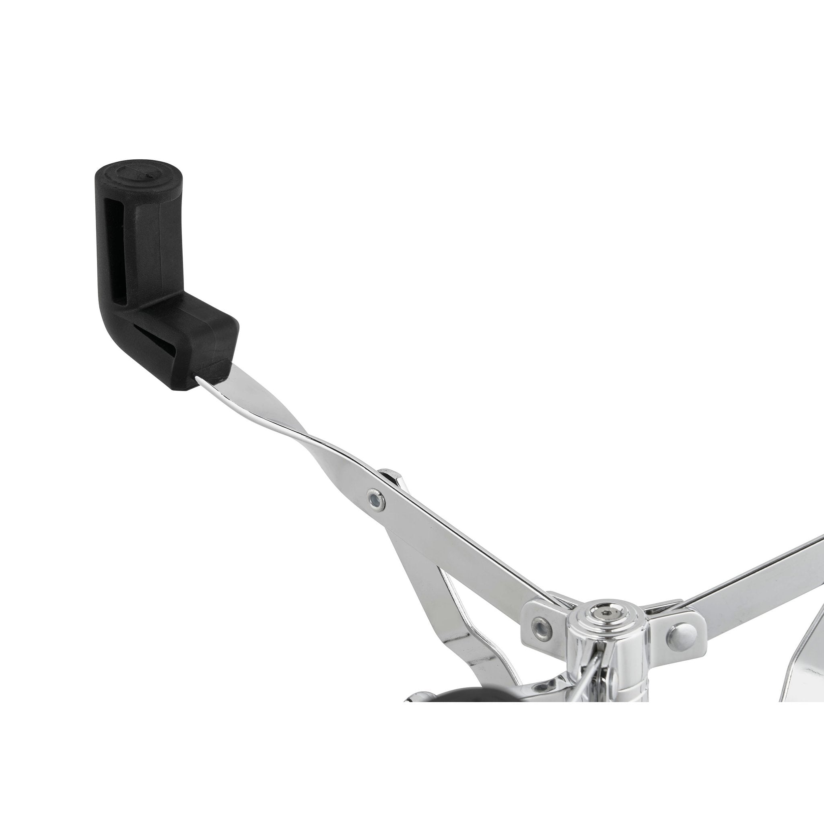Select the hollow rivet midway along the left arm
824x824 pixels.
click(x=375, y=497)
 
